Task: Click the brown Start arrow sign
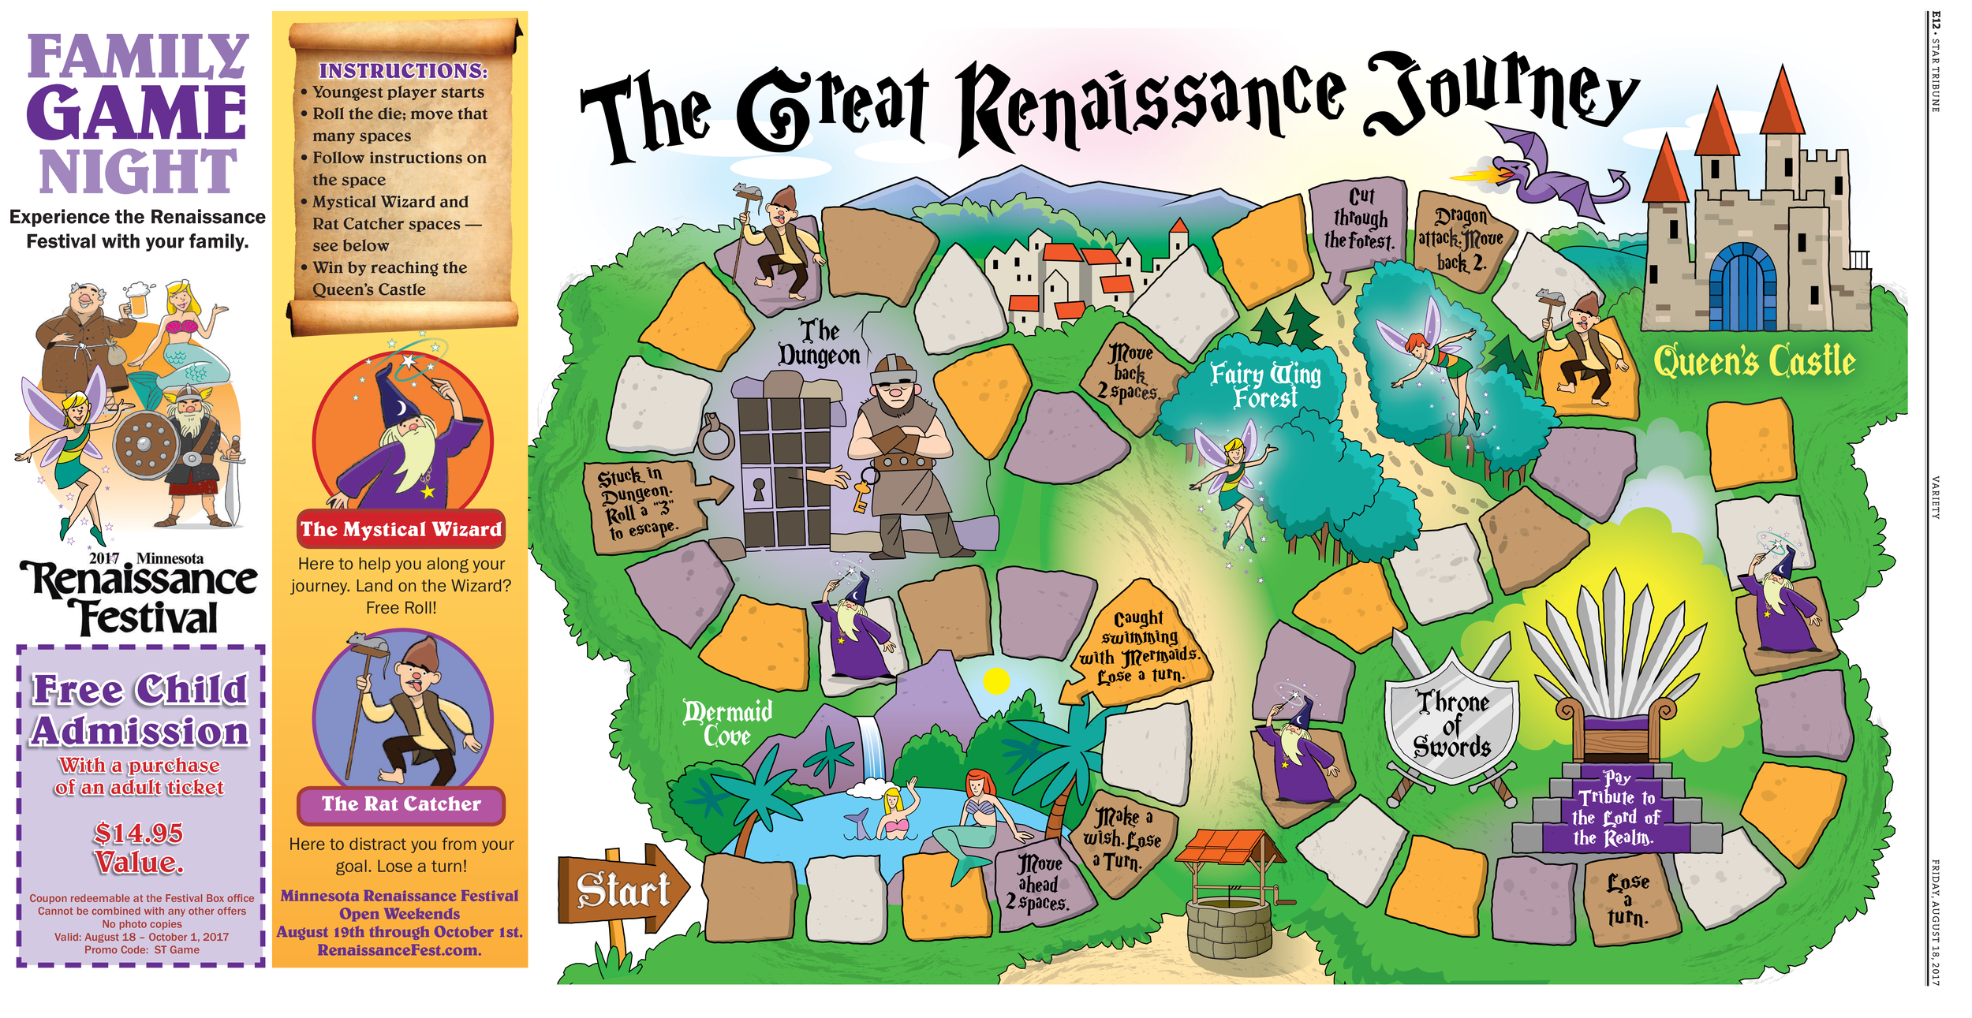click(621, 889)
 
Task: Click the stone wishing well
click(1229, 899)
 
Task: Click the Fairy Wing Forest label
click(1264, 385)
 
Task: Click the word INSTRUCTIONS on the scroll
click(402, 71)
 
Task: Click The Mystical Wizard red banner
click(401, 529)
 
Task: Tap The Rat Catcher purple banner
click(401, 804)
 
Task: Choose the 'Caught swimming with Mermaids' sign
click(1140, 647)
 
